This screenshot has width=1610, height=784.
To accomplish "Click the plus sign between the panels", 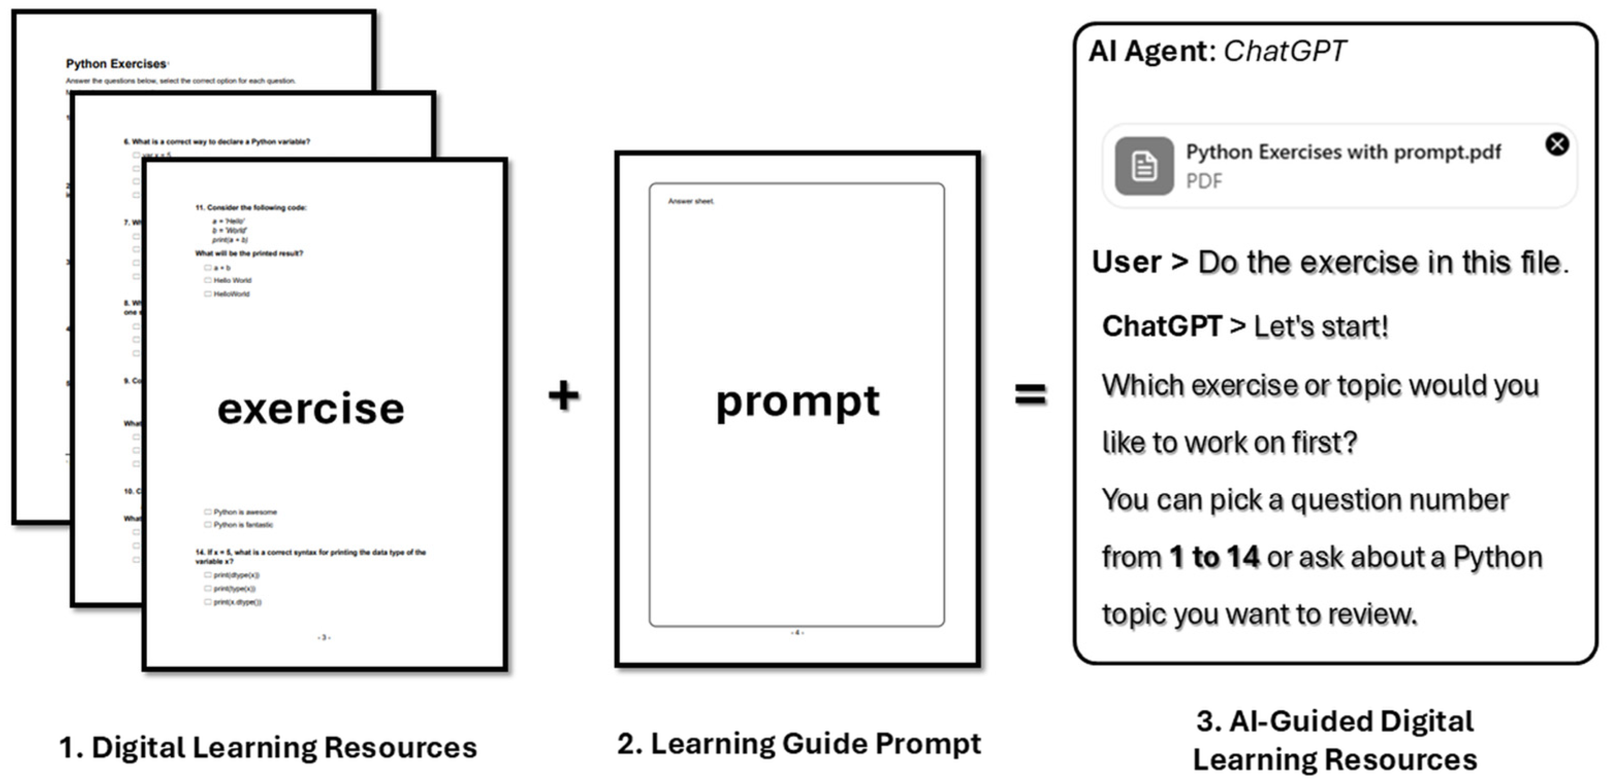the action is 564,396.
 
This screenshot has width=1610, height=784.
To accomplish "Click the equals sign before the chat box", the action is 1030,395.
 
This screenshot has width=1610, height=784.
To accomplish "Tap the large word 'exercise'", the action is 311,409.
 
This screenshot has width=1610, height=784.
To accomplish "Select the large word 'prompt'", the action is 798,401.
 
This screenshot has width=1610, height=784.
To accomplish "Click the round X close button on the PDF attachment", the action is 1556,145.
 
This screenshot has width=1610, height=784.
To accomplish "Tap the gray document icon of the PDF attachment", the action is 1144,166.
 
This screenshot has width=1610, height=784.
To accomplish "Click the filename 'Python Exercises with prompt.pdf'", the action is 1343,152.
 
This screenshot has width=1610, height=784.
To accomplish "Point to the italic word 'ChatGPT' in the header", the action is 1284,51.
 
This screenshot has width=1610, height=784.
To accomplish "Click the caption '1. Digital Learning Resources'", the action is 267,747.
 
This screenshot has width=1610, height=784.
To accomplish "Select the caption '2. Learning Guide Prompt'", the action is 799,743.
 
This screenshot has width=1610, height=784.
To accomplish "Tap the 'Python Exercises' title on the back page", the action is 116,64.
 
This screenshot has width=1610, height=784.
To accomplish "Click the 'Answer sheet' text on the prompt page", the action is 691,201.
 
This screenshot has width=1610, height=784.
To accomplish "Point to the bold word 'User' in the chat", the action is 1126,262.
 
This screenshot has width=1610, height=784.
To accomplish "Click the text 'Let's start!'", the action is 1320,326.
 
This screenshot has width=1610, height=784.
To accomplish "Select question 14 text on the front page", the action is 310,556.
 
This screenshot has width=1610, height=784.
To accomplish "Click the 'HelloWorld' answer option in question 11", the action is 231,294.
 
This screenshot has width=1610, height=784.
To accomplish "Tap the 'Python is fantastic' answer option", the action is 243,525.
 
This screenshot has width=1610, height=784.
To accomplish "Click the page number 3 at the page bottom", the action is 324,637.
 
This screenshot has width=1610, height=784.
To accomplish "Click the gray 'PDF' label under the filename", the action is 1204,181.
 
